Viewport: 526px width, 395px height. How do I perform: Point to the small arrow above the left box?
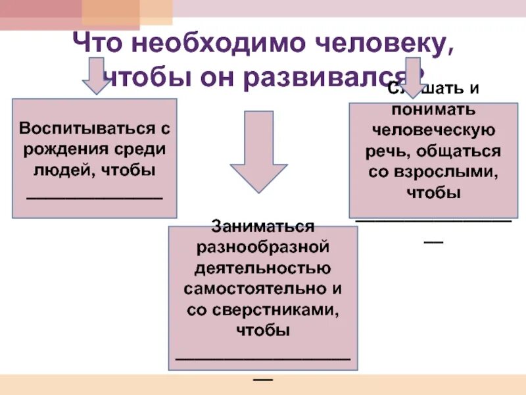click(97, 77)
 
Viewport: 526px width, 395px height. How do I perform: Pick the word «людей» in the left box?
click(59, 170)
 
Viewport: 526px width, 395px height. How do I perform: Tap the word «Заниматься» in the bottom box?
click(262, 226)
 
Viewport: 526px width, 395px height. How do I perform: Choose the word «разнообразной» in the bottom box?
click(262, 248)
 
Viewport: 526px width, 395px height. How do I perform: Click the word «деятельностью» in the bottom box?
click(262, 269)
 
